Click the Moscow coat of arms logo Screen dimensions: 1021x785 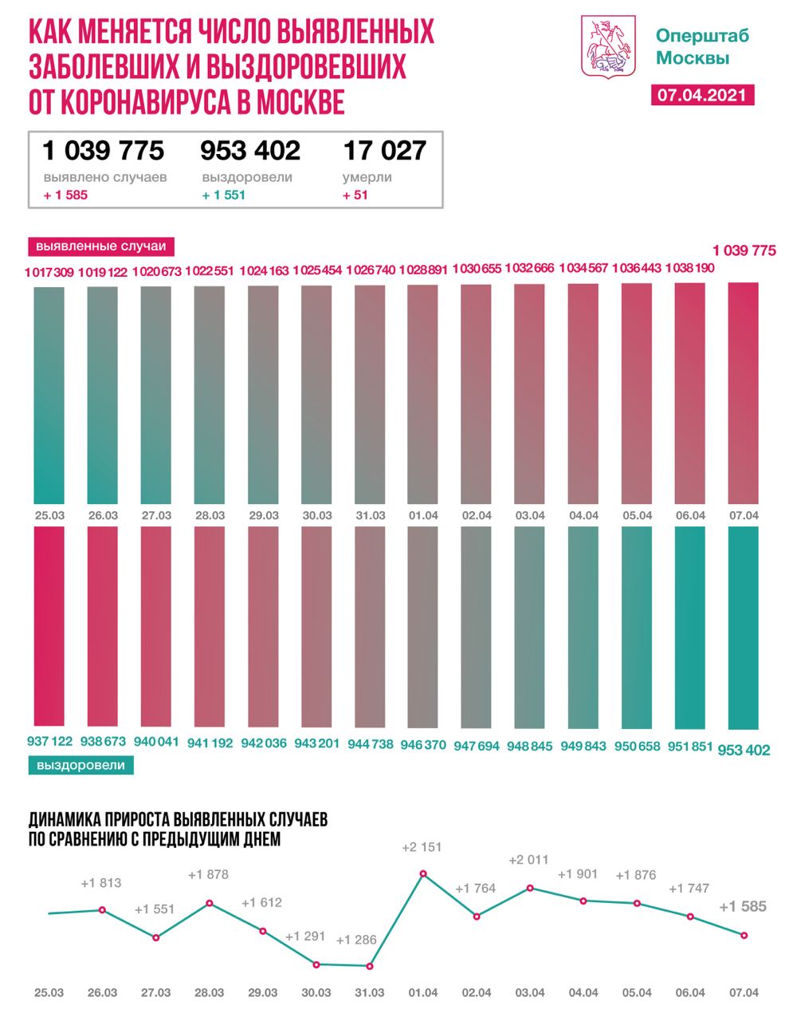tap(610, 49)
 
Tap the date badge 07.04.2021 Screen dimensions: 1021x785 tap(702, 95)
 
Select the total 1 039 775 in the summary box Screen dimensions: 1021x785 tap(104, 150)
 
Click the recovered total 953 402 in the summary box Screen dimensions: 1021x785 tap(250, 150)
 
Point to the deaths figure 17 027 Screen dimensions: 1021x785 tap(384, 150)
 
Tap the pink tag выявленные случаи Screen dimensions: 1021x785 tap(101, 246)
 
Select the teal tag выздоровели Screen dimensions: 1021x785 tap(80, 765)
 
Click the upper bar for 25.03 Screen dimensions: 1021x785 tap(49, 395)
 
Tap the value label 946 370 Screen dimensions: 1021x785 tap(422, 743)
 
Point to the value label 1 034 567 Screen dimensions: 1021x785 tap(583, 270)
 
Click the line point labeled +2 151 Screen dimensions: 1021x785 tap(423, 873)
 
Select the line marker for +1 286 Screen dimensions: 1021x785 tap(370, 966)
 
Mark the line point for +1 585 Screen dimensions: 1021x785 tap(744, 936)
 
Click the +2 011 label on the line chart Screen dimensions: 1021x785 tap(530, 860)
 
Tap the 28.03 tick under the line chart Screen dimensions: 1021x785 tap(209, 993)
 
